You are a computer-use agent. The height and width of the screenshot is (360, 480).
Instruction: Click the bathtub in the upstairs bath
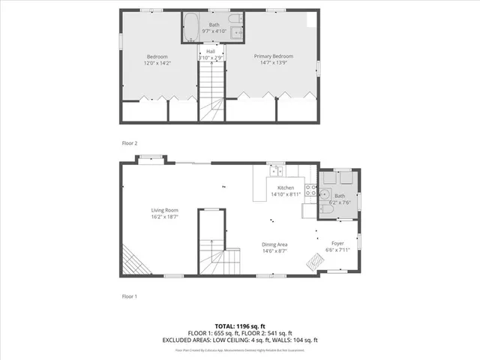pyautogui.click(x=190, y=25)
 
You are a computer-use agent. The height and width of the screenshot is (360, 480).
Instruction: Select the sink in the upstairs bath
pyautogui.click(x=237, y=32)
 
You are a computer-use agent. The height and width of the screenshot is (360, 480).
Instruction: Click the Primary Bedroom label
pyautogui.click(x=273, y=56)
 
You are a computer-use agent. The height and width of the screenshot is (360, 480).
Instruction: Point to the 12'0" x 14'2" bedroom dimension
pyautogui.click(x=157, y=63)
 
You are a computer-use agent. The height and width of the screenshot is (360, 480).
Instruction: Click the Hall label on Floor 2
pyautogui.click(x=211, y=51)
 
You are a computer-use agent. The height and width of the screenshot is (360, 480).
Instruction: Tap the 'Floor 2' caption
pyautogui.click(x=130, y=142)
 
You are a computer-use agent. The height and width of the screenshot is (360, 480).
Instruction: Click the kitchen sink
pyautogui.click(x=275, y=170)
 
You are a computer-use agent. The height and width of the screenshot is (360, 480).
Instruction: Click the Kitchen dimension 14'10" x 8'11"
pyautogui.click(x=285, y=194)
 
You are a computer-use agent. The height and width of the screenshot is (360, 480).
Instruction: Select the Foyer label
pyautogui.click(x=338, y=243)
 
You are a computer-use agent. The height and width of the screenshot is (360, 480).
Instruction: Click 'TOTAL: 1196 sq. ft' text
pyautogui.click(x=240, y=326)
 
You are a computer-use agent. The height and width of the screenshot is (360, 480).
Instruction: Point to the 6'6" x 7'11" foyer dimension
pyautogui.click(x=338, y=250)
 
